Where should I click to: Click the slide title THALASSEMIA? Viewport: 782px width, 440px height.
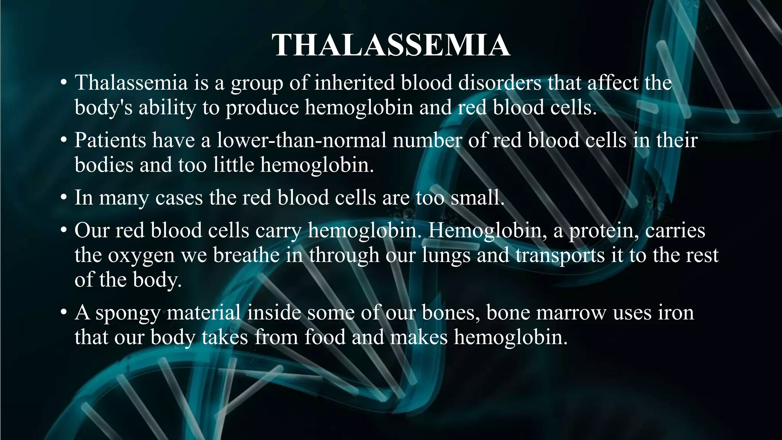coord(391,45)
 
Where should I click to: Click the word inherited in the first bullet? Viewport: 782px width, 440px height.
coord(354,82)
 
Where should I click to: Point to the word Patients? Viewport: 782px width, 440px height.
coord(110,140)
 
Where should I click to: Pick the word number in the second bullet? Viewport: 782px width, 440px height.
coord(427,140)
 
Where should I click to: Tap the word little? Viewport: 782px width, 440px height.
coord(233,165)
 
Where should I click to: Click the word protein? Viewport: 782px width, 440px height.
coord(604,230)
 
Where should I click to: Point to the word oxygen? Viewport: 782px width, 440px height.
coord(141,255)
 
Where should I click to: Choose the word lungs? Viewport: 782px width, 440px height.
coord(446,255)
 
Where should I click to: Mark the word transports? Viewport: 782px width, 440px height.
coord(560,255)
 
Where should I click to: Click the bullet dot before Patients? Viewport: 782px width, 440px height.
coord(64,141)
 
